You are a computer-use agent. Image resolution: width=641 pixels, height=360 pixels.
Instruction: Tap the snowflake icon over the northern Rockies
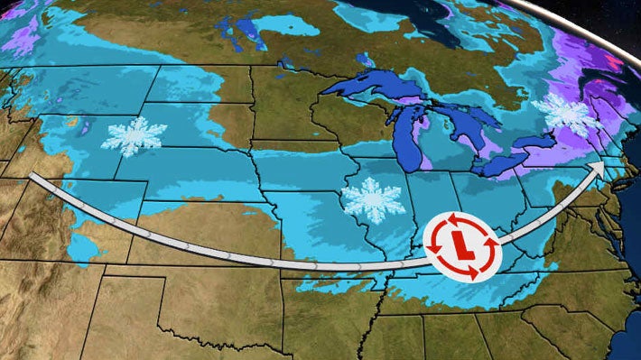pos(134,136)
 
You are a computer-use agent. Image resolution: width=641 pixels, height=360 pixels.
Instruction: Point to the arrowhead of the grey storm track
pos(599,170)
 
